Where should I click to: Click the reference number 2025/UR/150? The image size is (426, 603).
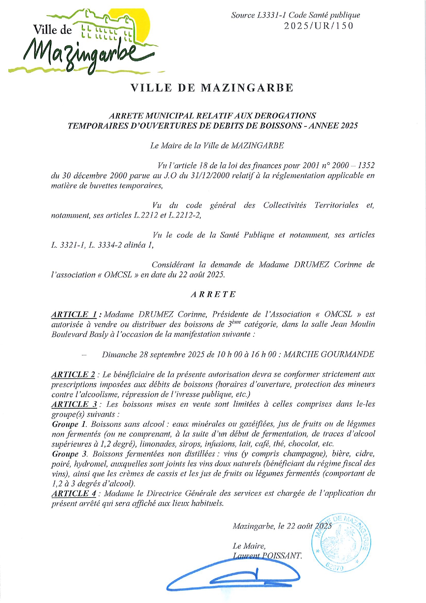tap(319, 26)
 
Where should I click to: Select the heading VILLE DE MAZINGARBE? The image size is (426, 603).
tap(212, 88)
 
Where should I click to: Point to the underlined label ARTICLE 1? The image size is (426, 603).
tap(74, 314)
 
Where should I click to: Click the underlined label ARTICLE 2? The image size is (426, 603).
tap(73, 375)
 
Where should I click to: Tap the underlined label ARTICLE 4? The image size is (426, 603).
tap(74, 494)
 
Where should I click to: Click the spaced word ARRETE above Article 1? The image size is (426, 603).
tap(213, 294)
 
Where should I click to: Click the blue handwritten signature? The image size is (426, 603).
tap(233, 577)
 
